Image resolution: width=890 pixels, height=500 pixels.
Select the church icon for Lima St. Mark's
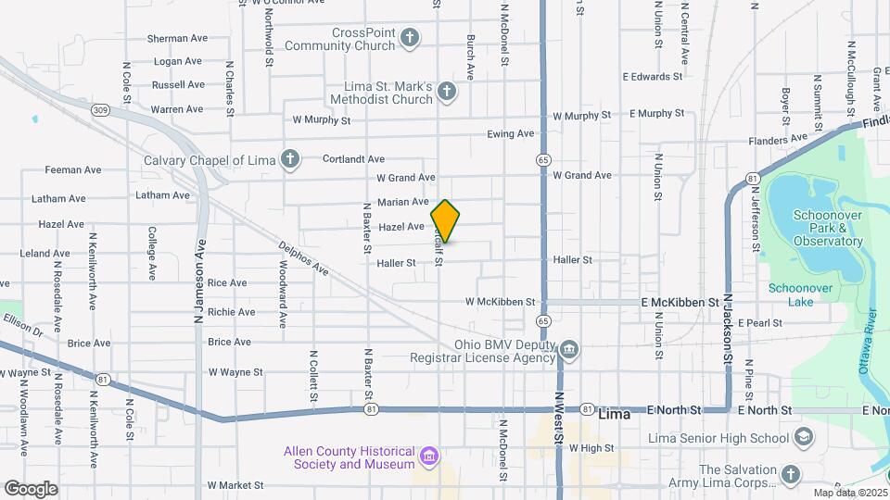[x=447, y=91]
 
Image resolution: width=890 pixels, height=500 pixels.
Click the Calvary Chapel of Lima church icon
[x=290, y=159]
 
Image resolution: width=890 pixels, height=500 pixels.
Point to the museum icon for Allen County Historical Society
[x=428, y=456]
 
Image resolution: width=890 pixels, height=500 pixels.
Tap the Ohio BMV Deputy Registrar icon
[x=569, y=349]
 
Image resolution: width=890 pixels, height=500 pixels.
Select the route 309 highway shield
[x=100, y=109]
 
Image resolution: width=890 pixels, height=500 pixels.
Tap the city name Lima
[x=615, y=414]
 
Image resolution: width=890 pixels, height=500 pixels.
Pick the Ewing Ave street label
[x=511, y=134]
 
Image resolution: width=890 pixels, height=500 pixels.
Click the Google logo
[x=31, y=488]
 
